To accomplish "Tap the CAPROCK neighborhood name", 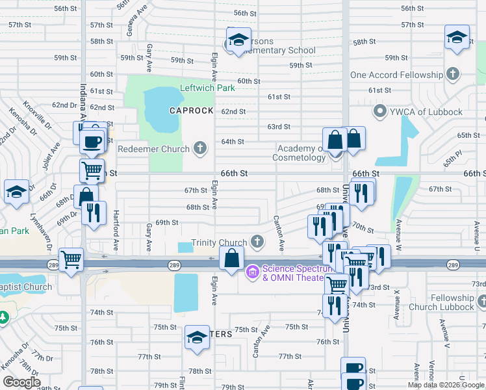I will [192, 110].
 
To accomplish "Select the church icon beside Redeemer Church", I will [201, 149].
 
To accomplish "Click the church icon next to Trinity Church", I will [257, 242].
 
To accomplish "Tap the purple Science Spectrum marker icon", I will [252, 272].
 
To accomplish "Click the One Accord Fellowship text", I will [396, 75].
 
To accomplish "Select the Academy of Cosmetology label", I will [300, 153].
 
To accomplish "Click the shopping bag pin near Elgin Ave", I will [231, 258].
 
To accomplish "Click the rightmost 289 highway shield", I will [454, 265].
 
